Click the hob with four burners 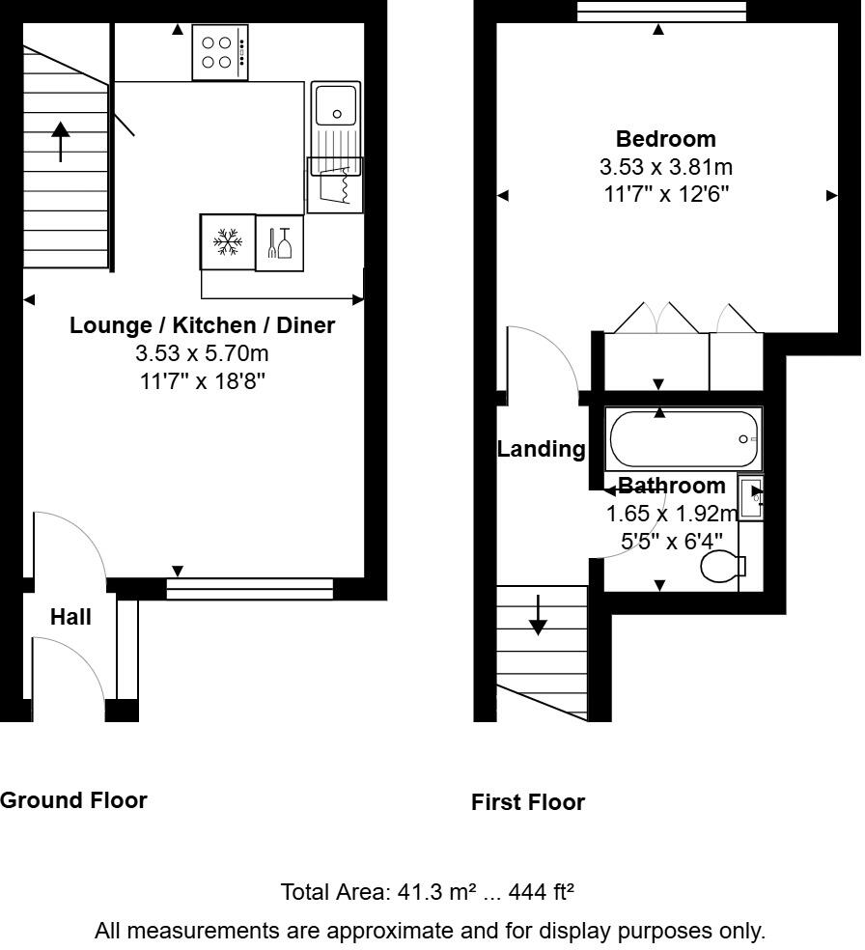pyautogui.click(x=221, y=52)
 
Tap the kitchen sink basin pyautogui.click(x=336, y=103)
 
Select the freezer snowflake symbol pyautogui.click(x=228, y=242)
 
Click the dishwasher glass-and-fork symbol pyautogui.click(x=279, y=242)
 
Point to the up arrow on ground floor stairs pyautogui.click(x=61, y=141)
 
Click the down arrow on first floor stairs pyautogui.click(x=538, y=615)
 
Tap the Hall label pyautogui.click(x=70, y=617)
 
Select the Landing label pyautogui.click(x=541, y=449)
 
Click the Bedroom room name pyautogui.click(x=666, y=139)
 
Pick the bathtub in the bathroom pyautogui.click(x=684, y=440)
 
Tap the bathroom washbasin pyautogui.click(x=751, y=496)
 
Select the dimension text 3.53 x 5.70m pyautogui.click(x=203, y=353)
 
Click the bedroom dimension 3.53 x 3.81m pyautogui.click(x=666, y=167)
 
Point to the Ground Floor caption pyautogui.click(x=73, y=800)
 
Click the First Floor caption pyautogui.click(x=528, y=802)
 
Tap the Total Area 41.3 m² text pyautogui.click(x=428, y=891)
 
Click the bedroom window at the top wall pyautogui.click(x=661, y=11)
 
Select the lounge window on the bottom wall pyautogui.click(x=249, y=588)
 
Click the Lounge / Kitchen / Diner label pyautogui.click(x=203, y=325)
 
